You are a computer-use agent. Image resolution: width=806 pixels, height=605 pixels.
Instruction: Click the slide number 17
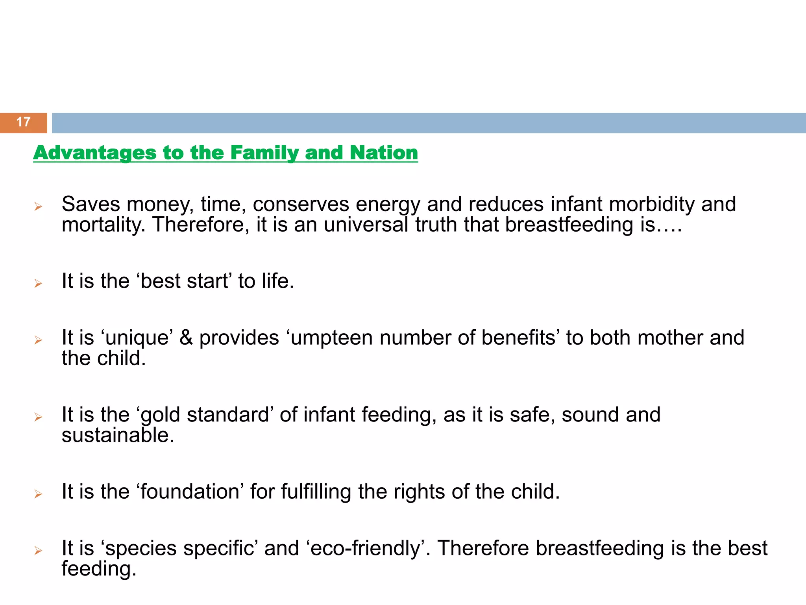23,122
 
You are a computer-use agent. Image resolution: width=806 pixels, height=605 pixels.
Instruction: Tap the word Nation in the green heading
384,153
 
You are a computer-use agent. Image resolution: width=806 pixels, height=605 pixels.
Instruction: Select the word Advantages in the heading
95,153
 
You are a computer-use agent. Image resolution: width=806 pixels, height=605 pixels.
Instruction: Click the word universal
366,225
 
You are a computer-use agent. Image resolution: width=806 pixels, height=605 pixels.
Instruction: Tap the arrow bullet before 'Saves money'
38,206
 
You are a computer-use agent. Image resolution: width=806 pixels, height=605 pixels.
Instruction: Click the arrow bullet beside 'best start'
38,283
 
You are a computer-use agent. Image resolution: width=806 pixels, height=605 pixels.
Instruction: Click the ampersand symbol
186,338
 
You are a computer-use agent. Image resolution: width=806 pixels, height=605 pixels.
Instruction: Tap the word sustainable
117,435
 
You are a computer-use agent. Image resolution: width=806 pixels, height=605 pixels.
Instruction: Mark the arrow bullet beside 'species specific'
38,550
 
